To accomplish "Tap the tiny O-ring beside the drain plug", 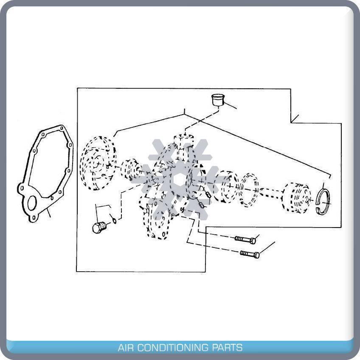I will pos(114,220).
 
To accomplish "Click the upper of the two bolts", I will pos(245,240).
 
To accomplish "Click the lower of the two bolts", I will pos(250,254).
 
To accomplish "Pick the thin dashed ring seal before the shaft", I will pos(250,190).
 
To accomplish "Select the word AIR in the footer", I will pos(127,348).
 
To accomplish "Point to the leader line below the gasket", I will pos(49,212).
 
